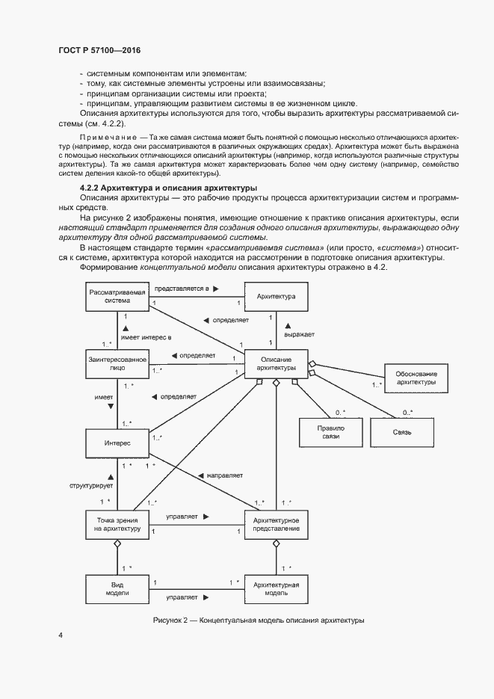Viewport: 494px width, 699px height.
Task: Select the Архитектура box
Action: [x=276, y=297]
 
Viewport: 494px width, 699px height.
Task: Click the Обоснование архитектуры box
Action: [x=416, y=378]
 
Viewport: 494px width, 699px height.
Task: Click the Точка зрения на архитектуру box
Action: [x=117, y=524]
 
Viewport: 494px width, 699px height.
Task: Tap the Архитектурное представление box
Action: [x=276, y=524]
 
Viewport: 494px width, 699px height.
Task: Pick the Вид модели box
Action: [x=117, y=588]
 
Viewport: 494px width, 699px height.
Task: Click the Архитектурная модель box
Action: [x=276, y=588]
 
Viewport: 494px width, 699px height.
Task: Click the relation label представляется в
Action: [x=184, y=287]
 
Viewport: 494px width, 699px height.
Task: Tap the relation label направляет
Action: [x=222, y=475]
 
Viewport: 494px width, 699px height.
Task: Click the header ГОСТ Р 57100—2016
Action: [x=99, y=50]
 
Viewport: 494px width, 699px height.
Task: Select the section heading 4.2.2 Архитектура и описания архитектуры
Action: [x=168, y=186]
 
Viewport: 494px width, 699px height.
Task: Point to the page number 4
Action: [x=60, y=635]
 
